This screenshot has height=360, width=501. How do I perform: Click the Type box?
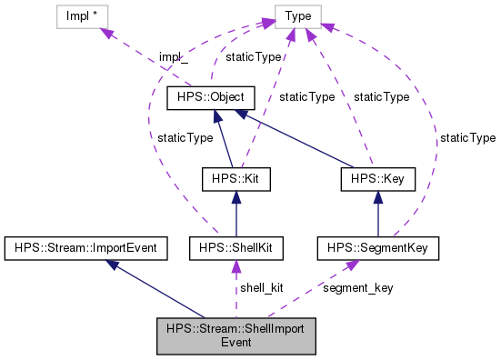pos(298,16)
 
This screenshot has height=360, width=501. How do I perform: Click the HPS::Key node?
pos(377,180)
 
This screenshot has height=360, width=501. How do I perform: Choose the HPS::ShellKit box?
pos(235,246)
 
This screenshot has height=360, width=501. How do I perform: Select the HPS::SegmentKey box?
pos(378,246)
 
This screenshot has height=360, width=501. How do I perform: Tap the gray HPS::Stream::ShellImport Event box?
pos(235,335)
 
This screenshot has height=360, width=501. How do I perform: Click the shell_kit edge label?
pos(261,287)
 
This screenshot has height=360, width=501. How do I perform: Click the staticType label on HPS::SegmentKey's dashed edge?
pos(467,137)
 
